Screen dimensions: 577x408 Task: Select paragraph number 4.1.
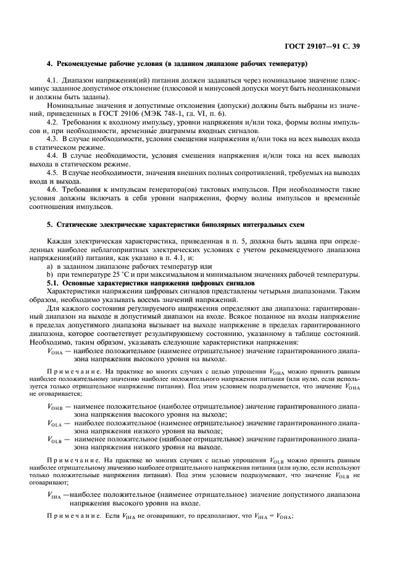(x=54, y=80)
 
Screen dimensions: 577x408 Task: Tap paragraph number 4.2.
(x=54, y=123)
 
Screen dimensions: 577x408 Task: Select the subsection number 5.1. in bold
(x=54, y=282)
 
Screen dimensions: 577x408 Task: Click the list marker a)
(x=50, y=266)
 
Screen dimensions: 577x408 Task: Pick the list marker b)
(x=50, y=274)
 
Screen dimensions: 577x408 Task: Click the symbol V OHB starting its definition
(x=55, y=407)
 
